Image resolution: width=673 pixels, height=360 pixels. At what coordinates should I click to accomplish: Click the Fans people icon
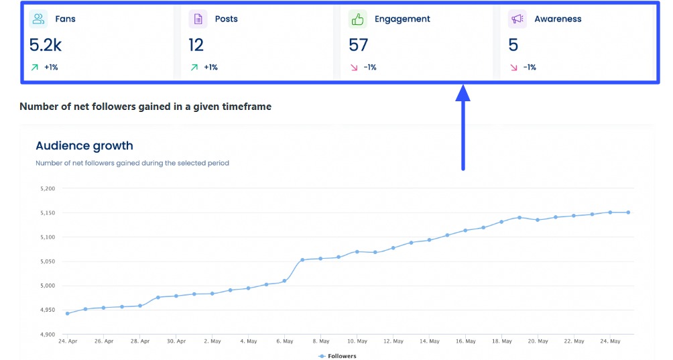39,19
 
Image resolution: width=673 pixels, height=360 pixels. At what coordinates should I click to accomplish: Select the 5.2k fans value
45,45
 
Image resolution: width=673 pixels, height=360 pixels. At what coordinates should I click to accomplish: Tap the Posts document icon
198,19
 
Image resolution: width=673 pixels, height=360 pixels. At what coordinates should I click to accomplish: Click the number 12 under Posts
196,45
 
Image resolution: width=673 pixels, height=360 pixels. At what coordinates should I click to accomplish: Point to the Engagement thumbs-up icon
357,19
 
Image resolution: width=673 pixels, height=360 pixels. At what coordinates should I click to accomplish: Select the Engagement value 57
359,45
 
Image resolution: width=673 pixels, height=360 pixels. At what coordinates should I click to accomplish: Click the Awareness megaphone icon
517,19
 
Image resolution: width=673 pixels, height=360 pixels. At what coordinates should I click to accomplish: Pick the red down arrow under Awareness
514,67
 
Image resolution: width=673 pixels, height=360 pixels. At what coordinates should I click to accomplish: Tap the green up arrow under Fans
34,67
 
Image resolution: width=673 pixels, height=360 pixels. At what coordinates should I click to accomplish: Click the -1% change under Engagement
371,67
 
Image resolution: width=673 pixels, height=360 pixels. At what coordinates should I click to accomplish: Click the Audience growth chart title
84,145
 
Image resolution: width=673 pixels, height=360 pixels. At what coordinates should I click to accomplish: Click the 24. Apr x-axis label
67,341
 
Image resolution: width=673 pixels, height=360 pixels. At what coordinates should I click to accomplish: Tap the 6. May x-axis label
284,341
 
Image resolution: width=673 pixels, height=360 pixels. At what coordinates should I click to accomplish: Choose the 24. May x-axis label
610,341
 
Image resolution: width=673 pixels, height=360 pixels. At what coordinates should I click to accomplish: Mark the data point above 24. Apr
67,313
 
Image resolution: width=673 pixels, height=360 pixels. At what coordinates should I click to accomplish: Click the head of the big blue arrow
463,93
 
